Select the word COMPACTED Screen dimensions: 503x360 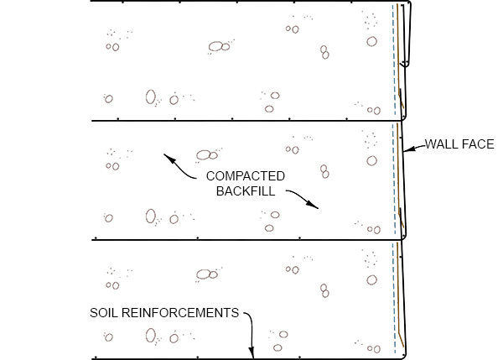[246, 176]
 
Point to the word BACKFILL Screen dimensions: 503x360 [246, 191]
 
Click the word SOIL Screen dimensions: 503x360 [104, 313]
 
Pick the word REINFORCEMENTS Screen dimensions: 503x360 [180, 313]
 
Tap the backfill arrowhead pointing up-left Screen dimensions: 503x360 [169, 159]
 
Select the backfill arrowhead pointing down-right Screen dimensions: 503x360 [313, 205]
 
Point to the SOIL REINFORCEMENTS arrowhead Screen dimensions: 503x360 [251, 352]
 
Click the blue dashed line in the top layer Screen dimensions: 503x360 [394, 60]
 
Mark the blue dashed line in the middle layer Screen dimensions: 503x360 [394, 180]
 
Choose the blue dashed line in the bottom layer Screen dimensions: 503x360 [394, 298]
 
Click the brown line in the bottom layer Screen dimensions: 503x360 [399, 295]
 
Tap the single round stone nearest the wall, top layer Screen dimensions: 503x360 [371, 41]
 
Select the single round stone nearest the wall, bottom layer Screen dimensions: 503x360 [371, 280]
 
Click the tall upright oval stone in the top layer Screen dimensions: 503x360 [150, 97]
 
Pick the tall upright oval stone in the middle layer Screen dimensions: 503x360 [150, 216]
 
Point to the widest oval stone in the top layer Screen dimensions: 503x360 [215, 46]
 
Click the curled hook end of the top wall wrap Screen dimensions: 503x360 [405, 64]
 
